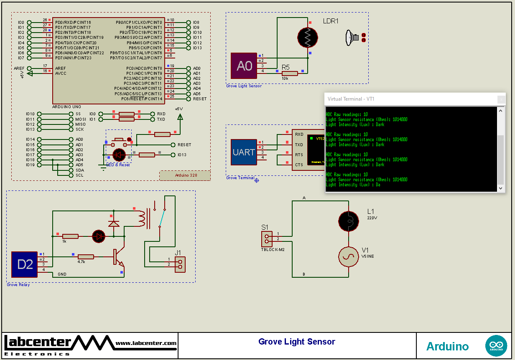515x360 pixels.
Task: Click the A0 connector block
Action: coord(244,66)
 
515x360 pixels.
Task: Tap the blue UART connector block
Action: coord(244,152)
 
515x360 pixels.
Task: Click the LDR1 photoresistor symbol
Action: coord(308,37)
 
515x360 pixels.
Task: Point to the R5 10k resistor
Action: coord(289,73)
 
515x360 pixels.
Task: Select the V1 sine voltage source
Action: coord(348,256)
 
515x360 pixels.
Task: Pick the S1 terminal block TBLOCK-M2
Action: coord(267,239)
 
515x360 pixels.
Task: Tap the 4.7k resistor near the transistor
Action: coord(86,256)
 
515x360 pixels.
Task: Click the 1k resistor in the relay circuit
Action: coord(70,236)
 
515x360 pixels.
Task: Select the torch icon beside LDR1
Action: coord(352,38)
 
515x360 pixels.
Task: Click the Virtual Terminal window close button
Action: coord(501,99)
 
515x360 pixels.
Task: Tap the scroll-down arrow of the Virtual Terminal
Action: coord(500,188)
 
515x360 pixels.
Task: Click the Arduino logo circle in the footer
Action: coord(496,346)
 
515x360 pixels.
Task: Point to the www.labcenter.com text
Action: coord(146,343)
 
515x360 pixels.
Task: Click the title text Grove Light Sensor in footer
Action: coord(297,342)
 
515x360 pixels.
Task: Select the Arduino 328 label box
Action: coord(185,175)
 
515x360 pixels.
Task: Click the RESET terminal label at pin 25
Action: coord(199,99)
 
